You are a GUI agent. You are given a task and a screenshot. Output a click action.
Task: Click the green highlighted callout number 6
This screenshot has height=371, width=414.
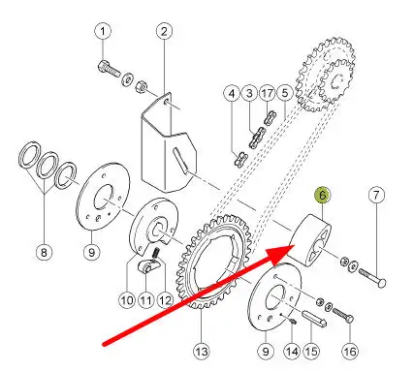pos(323,195)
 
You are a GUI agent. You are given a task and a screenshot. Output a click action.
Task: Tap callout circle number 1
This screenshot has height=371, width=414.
pos(103,32)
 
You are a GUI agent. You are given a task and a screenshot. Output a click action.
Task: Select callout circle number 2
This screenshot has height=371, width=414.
pos(164,32)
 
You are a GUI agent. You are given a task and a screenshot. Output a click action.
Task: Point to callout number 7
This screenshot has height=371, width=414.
pos(376,195)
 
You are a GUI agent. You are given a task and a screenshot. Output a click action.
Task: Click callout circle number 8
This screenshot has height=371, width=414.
pos(44,251)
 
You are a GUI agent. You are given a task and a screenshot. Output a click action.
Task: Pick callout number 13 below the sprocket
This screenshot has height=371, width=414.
pos(202,351)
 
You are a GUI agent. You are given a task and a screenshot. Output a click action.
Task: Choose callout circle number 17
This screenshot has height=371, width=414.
pos(268,94)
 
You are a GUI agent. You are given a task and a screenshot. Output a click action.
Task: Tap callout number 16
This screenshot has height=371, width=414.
pos(350,351)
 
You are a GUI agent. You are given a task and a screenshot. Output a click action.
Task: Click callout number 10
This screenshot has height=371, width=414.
pos(127,300)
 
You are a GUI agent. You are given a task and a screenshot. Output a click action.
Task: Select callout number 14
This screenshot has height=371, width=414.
pos(292,351)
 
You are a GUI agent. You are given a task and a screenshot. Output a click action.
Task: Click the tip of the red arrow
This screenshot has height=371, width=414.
pos(294,245)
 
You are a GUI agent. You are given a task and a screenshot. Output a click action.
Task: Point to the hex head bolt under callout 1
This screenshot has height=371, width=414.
pos(109,69)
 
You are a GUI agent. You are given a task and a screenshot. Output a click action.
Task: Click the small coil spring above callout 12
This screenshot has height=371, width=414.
pos(156,252)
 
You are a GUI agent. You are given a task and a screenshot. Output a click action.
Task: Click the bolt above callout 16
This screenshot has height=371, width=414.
pos(343,315)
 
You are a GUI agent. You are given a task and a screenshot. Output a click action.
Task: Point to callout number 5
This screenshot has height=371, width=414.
pos(285,94)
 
